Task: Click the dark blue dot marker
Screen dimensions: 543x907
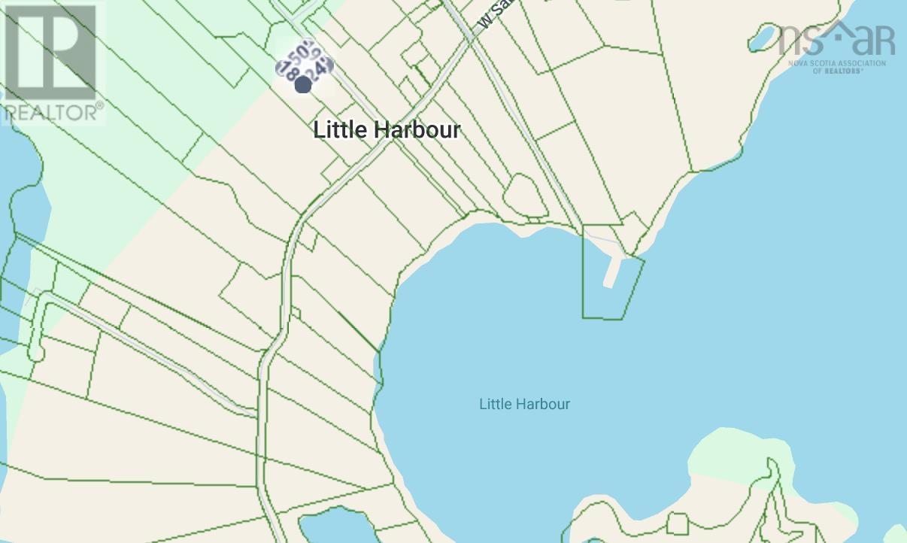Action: (303, 85)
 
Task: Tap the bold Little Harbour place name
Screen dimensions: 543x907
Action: (387, 129)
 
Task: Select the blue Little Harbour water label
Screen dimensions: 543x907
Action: (524, 404)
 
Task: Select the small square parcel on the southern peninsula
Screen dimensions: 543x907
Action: (677, 523)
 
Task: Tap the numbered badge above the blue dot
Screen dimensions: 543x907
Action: (305, 60)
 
